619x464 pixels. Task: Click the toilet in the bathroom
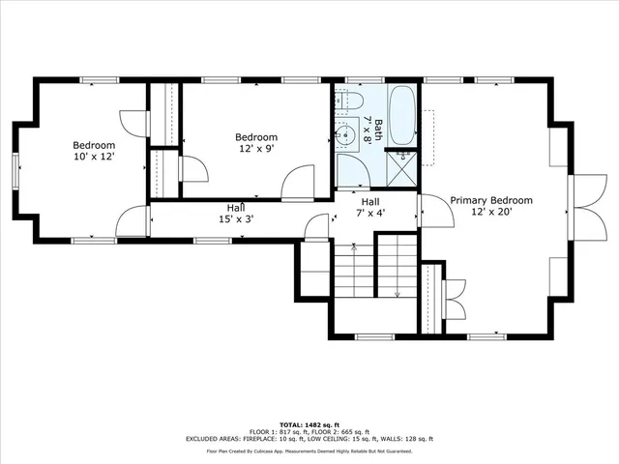[350, 101]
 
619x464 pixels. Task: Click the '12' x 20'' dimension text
[489, 212]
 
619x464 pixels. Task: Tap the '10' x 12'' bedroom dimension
[94, 157]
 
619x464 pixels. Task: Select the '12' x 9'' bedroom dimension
[258, 148]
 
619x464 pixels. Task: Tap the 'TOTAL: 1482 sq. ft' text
[309, 424]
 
